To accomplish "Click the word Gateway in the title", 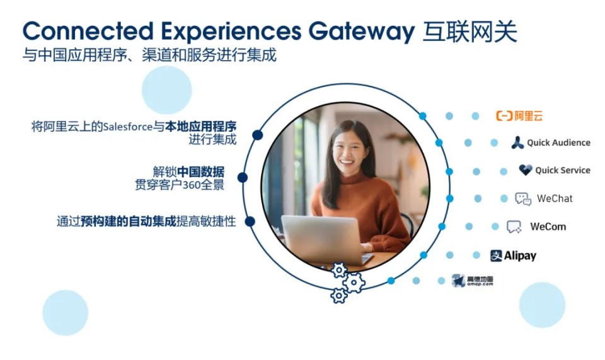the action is point(362,32).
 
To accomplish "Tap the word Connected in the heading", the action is point(88,31).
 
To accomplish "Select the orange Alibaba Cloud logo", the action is point(519,116).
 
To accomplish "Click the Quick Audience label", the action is point(558,142).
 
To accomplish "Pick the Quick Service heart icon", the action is point(526,170).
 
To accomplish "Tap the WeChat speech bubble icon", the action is point(523,199).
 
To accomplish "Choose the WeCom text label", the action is point(548,226).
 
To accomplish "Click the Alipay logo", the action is point(513,255).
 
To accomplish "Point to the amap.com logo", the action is point(473,281).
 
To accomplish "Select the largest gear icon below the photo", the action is point(354,283).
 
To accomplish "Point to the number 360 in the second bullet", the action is point(192,185).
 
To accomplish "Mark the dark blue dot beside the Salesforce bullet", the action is point(257,135).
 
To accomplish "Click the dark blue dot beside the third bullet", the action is point(250,221).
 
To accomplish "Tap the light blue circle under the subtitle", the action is point(166,90).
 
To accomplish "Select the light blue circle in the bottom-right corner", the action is point(542,305).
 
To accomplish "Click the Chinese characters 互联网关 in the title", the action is point(470,32).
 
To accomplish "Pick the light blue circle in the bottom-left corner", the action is point(65,313).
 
